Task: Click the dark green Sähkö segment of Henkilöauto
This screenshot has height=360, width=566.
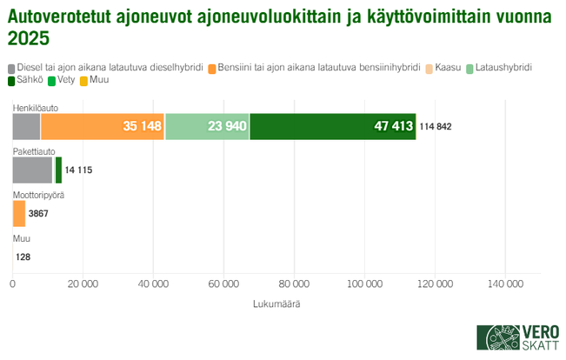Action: pyautogui.click(x=332, y=126)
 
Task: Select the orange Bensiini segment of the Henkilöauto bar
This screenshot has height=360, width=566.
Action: pyautogui.click(x=102, y=126)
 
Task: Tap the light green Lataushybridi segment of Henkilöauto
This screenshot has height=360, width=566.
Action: pyautogui.click(x=207, y=126)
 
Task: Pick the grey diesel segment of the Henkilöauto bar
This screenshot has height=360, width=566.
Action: pyautogui.click(x=26, y=126)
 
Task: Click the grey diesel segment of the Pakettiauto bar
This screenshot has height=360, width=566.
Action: pyautogui.click(x=32, y=170)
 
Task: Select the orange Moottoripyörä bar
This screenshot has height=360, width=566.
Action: pyautogui.click(x=19, y=213)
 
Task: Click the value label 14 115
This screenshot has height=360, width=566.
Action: pyautogui.click(x=78, y=170)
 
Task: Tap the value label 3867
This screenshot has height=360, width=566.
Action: pyautogui.click(x=39, y=213)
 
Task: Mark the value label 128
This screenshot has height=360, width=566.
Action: pyautogui.click(x=23, y=257)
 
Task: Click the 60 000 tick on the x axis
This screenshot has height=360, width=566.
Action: pyautogui.click(x=223, y=284)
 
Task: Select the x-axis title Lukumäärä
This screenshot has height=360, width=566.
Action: pyautogui.click(x=276, y=303)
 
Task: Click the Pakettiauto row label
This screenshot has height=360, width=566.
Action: pyautogui.click(x=32, y=151)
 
